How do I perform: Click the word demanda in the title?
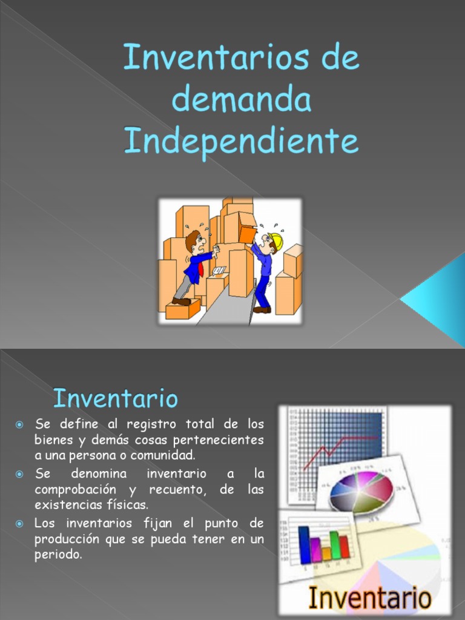click(x=242, y=99)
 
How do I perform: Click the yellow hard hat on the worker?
click(x=275, y=241)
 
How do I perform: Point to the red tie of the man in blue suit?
click(x=200, y=269)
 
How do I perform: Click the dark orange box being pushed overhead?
click(x=248, y=235)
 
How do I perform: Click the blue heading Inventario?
click(x=116, y=398)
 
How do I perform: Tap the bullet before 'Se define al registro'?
click(x=19, y=424)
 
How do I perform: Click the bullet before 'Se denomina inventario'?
click(x=19, y=473)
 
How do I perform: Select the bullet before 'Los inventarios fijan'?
click(x=19, y=524)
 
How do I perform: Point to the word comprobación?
click(x=75, y=489)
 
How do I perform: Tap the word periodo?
click(x=58, y=555)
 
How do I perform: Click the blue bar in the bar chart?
click(x=305, y=545)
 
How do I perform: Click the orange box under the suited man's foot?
click(x=183, y=309)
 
